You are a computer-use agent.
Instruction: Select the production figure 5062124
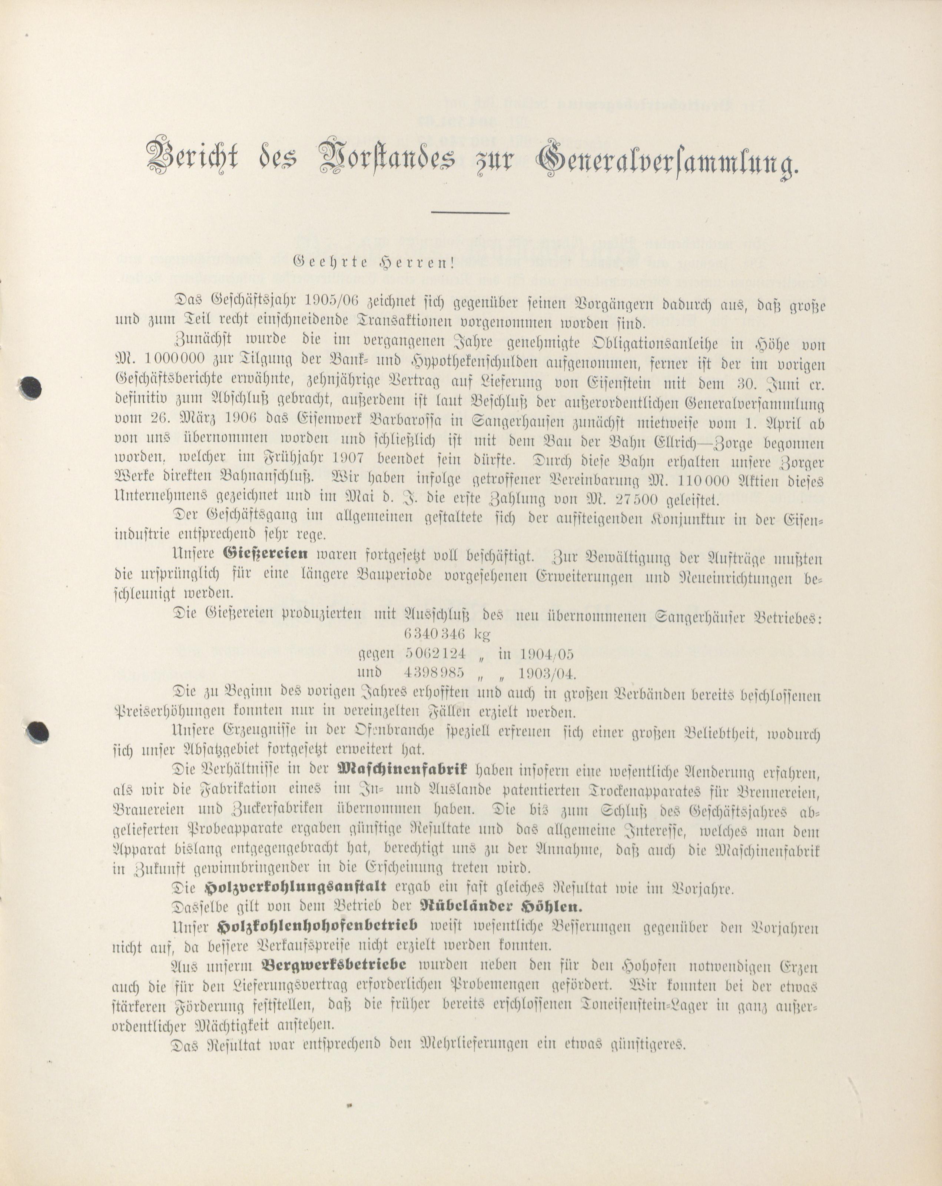(435, 654)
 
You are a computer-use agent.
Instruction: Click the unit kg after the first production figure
(482, 634)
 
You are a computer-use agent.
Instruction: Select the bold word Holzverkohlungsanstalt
(295, 887)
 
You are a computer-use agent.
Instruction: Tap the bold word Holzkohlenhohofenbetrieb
(318, 926)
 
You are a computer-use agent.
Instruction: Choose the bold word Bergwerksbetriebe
(334, 965)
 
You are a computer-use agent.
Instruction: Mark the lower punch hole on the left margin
(38, 732)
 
